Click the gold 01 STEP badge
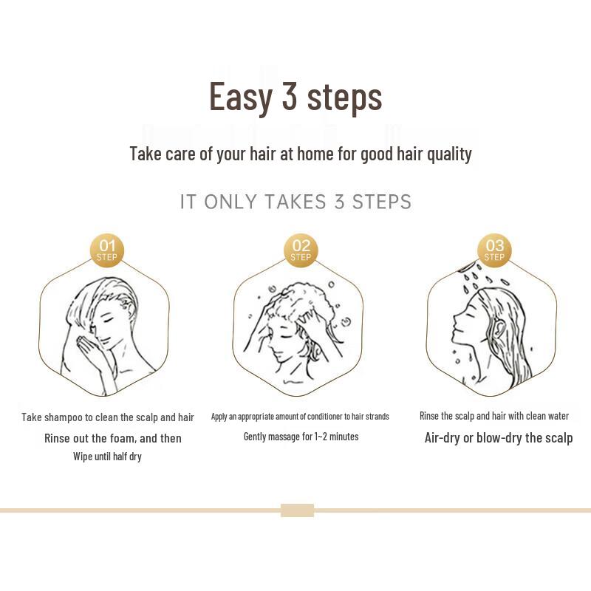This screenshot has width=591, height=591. point(107,250)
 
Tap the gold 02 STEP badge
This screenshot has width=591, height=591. point(301,250)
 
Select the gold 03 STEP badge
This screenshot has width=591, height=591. point(494,250)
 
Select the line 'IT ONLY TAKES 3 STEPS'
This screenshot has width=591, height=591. point(295,202)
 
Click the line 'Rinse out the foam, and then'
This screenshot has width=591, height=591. point(112,438)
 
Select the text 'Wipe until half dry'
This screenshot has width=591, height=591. point(107,457)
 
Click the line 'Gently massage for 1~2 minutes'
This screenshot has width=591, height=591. point(301,437)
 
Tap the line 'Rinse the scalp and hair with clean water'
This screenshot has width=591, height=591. point(494,416)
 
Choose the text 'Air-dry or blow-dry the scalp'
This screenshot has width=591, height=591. point(498,437)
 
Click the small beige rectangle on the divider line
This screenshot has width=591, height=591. point(297,510)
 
